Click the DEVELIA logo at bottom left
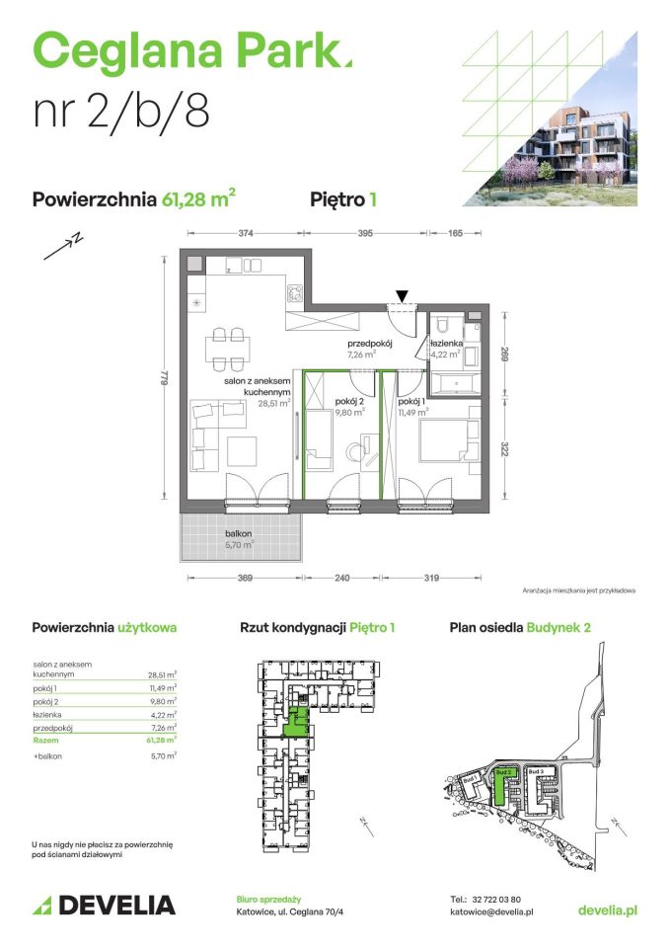[x=105, y=905]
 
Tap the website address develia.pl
[x=606, y=909]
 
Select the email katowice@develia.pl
[x=490, y=913]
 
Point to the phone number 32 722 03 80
[x=502, y=900]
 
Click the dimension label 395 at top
[x=365, y=234]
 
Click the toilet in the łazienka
[x=445, y=324]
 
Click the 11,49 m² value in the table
[x=162, y=687]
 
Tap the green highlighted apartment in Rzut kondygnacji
[x=295, y=724]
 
